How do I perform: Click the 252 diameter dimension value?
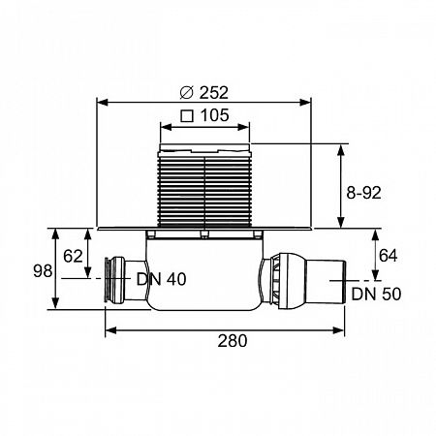click(x=214, y=93)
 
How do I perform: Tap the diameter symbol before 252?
click(x=186, y=93)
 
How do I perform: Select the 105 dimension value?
click(x=215, y=115)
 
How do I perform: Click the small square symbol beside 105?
click(x=187, y=116)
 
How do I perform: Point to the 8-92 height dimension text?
click(x=363, y=193)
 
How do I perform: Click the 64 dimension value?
click(x=389, y=256)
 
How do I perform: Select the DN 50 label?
click(x=376, y=294)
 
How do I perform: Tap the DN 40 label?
click(x=162, y=279)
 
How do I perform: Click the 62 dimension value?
click(x=73, y=257)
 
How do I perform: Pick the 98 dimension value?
click(x=43, y=271)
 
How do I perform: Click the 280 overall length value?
click(x=233, y=341)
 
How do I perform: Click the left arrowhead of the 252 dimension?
click(x=103, y=103)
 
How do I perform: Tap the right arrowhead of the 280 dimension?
click(x=338, y=330)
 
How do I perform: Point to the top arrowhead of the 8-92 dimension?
click(x=341, y=150)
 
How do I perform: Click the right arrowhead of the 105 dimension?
click(x=243, y=127)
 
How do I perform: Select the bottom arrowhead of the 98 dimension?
click(x=55, y=303)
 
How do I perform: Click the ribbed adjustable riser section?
click(x=204, y=189)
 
